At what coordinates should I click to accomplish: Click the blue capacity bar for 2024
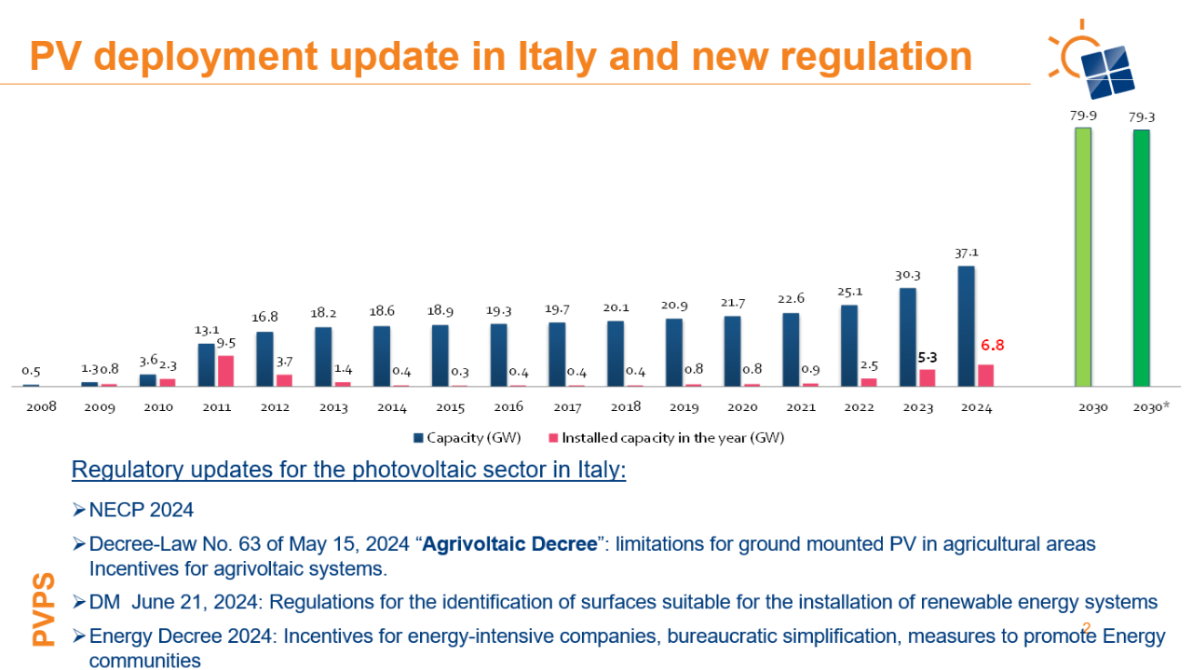point(966,325)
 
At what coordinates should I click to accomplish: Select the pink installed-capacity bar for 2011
point(226,370)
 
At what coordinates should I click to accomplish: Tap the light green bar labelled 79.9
point(1082,256)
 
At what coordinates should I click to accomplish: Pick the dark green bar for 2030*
point(1141,257)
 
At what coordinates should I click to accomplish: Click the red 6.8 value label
point(993,345)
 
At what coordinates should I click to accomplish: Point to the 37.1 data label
point(966,253)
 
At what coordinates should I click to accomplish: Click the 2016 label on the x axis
point(508,407)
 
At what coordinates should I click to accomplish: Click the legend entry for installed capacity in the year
point(666,437)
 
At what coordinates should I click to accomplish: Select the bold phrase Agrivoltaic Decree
point(509,543)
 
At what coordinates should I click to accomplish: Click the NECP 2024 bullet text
point(141,510)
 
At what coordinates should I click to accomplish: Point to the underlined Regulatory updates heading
point(348,470)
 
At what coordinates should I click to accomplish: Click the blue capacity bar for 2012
point(265,359)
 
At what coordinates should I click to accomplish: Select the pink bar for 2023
point(927,376)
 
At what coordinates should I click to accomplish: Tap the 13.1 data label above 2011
point(207,329)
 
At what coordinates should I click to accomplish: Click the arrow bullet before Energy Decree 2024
point(79,637)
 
